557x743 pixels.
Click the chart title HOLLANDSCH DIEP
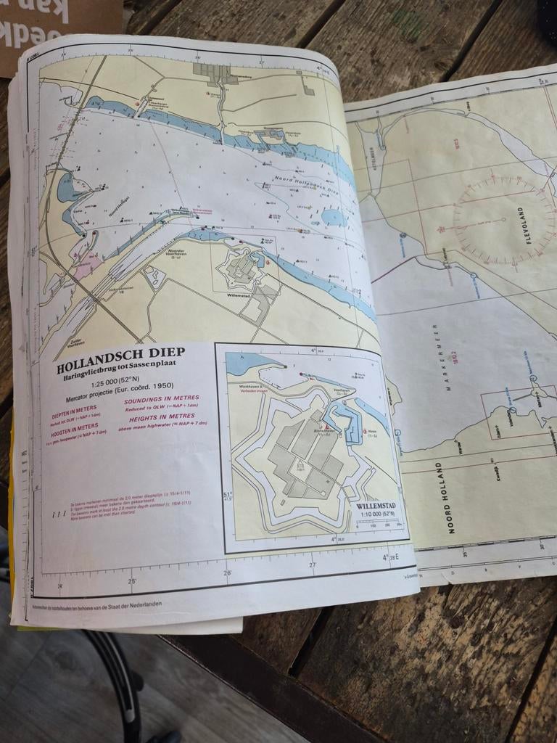click(x=121, y=353)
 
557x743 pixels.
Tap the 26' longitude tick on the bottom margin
click(x=228, y=573)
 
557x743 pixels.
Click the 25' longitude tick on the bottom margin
click(x=132, y=580)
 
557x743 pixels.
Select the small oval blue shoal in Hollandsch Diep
click(x=334, y=217)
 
